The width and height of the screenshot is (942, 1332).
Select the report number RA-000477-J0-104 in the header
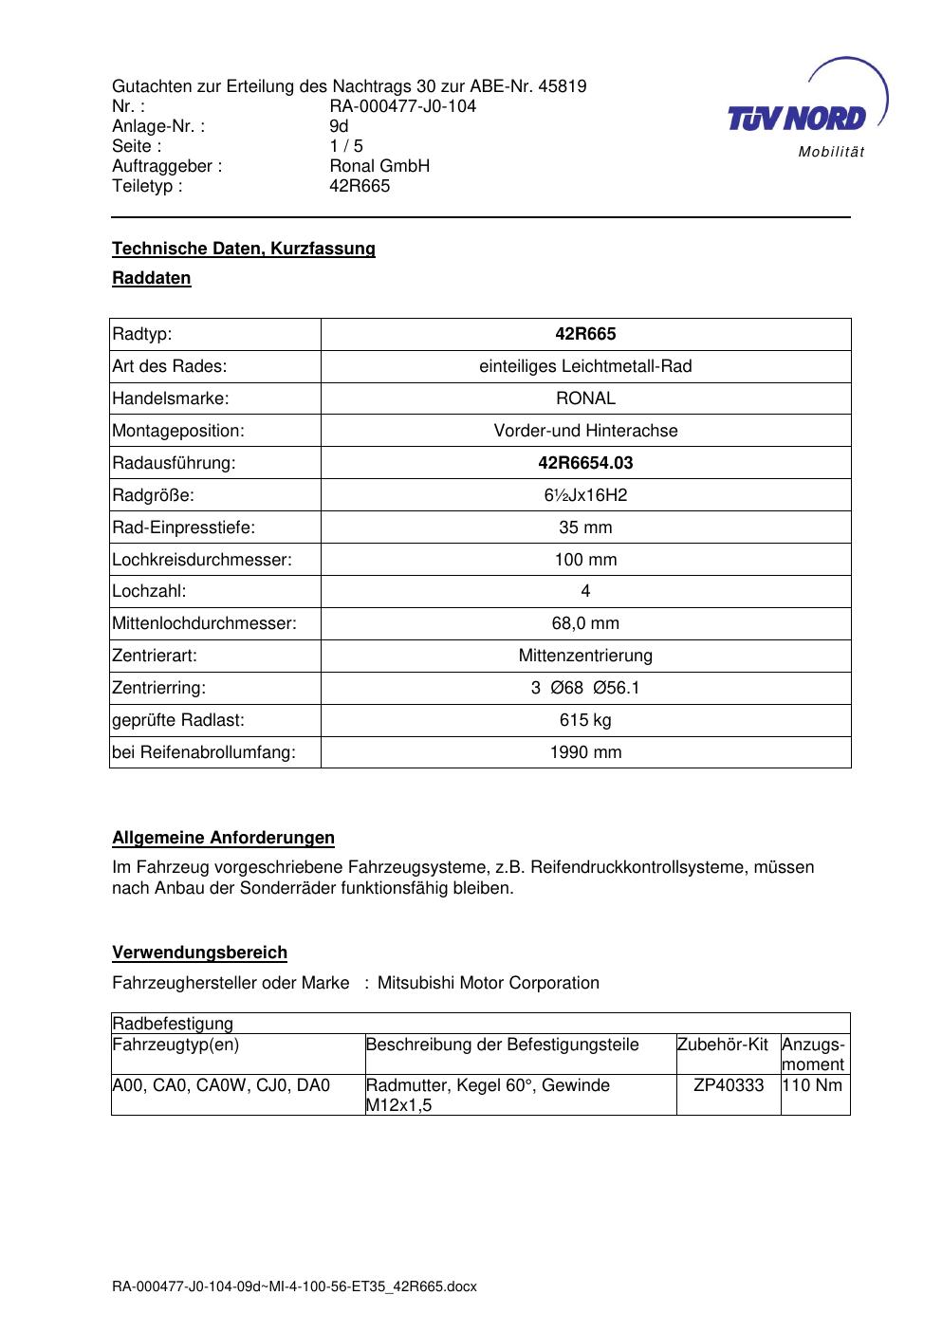[402, 106]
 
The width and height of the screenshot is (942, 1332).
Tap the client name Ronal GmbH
[379, 166]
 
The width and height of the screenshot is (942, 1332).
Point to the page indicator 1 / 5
[346, 146]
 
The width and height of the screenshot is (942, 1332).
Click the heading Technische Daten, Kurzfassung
[244, 249]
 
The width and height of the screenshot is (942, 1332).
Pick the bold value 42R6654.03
[585, 463]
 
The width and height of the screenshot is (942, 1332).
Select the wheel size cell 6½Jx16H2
[585, 495]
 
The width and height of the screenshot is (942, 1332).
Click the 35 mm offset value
[585, 527]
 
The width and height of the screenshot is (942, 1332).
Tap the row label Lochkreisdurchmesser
[202, 560]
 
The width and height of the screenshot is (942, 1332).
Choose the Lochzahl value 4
[585, 591]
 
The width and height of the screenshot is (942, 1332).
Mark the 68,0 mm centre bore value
[585, 623]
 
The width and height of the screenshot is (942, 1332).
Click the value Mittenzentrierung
[585, 656]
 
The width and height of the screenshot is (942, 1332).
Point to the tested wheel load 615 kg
[585, 720]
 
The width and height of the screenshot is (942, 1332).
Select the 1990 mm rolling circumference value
[585, 752]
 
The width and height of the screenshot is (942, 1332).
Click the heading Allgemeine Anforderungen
[223, 838]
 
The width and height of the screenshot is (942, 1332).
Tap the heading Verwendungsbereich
[199, 953]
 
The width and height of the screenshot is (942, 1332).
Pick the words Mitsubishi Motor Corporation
[489, 983]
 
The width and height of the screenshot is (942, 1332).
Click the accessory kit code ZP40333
[729, 1085]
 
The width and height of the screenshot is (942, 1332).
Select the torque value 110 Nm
[813, 1085]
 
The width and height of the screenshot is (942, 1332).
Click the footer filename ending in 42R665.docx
[294, 1287]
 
